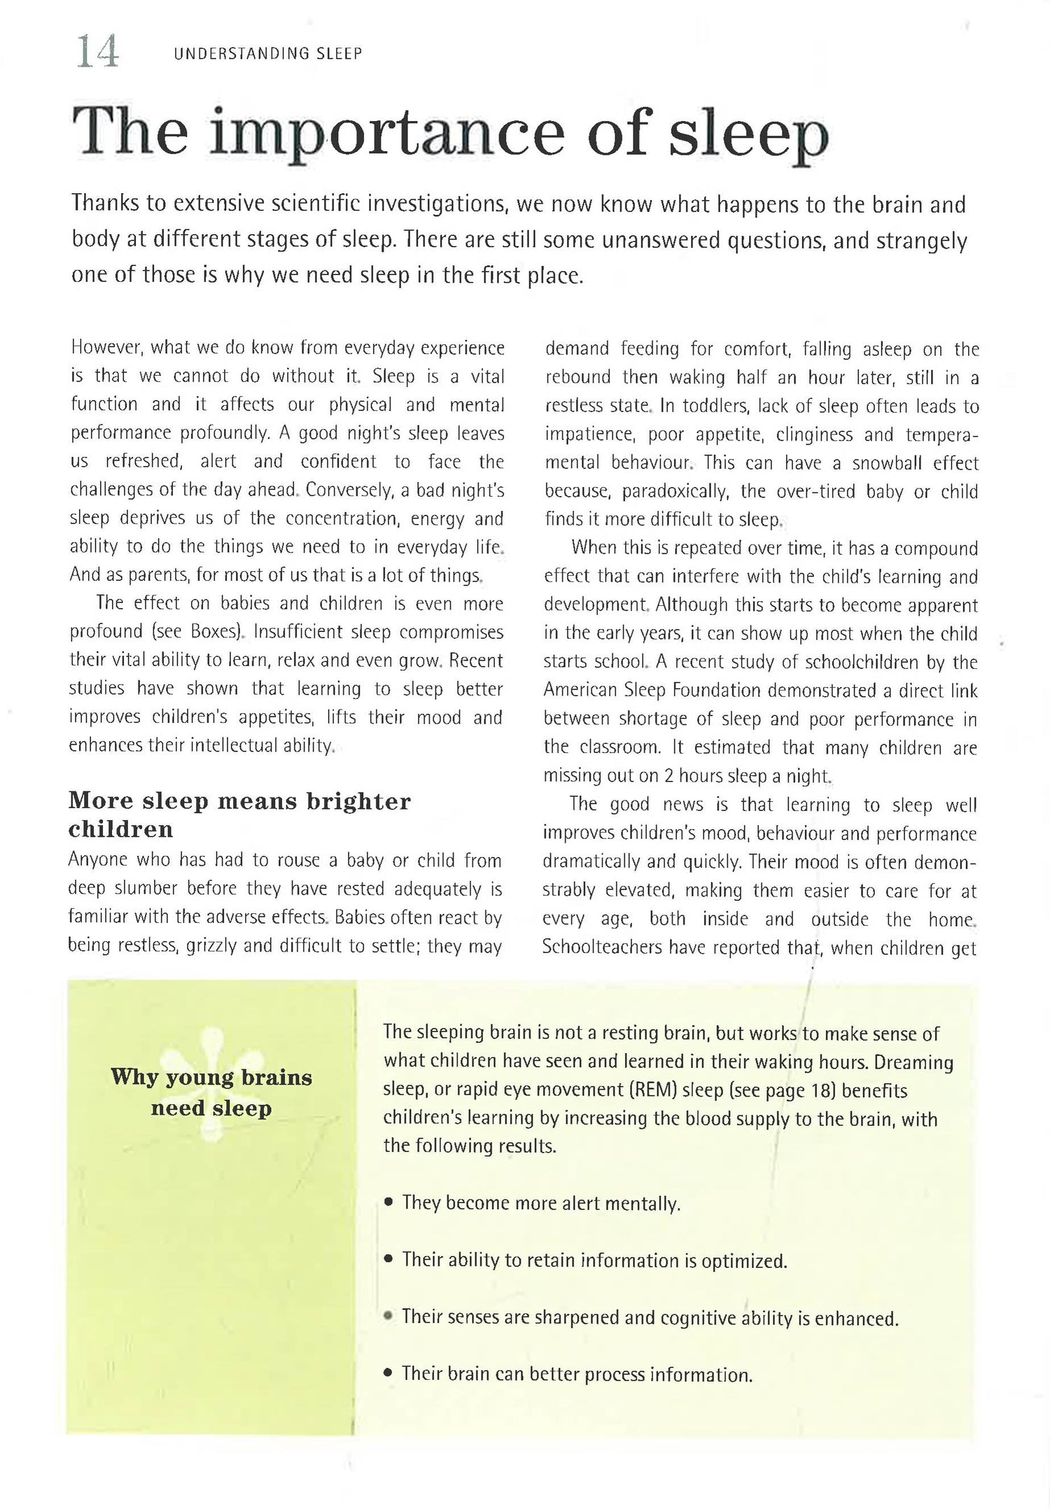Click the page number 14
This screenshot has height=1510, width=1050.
[x=97, y=52]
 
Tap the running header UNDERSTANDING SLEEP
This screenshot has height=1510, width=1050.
[x=268, y=54]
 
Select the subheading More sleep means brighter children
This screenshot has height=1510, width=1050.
[x=239, y=814]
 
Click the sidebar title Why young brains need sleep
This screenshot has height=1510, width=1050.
[x=211, y=1092]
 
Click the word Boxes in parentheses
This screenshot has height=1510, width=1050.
[x=213, y=632]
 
